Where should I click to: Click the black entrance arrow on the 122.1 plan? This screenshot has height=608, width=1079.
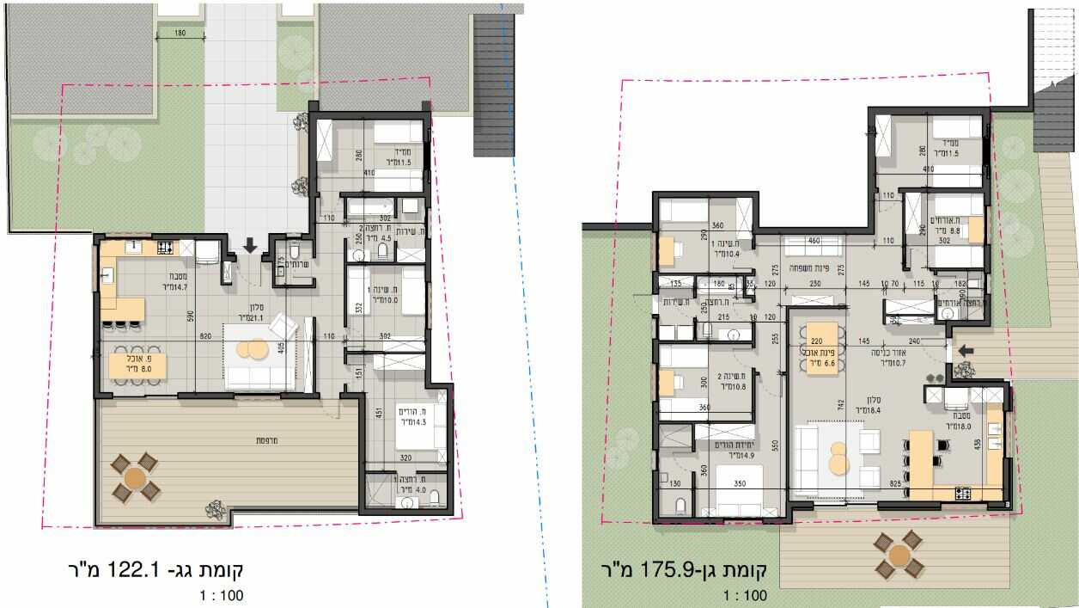250,246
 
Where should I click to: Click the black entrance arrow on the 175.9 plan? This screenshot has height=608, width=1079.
966,350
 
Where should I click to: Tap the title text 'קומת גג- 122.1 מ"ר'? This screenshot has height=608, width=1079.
155,569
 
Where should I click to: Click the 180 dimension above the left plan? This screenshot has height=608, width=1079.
180,34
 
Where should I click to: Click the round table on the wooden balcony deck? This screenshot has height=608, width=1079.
136,477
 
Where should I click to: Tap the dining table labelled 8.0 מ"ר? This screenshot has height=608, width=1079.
137,365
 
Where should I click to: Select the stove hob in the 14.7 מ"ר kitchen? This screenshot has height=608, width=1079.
164,248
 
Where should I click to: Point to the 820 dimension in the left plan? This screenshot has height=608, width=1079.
204,337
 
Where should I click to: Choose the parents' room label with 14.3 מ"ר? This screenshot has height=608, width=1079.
412,418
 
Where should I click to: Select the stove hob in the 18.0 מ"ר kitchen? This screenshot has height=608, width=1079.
964,493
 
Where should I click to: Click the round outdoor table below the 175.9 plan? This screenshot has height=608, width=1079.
899,555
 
